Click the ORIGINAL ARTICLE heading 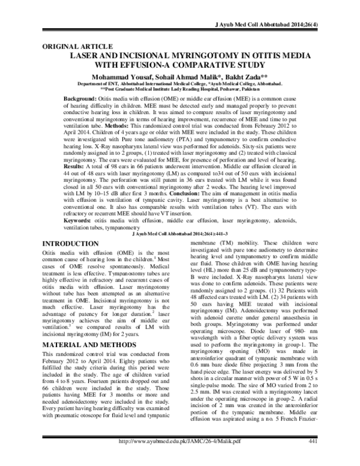pos(74,46)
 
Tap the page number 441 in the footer pos(312,458)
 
